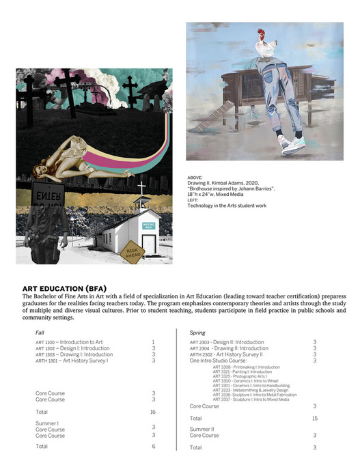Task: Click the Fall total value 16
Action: (153, 412)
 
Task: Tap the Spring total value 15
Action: (314, 418)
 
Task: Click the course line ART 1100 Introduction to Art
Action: (69, 342)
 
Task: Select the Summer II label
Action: (202, 429)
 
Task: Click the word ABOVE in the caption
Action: (195, 177)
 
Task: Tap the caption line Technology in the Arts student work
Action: (227, 206)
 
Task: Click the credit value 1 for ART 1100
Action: (153, 342)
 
